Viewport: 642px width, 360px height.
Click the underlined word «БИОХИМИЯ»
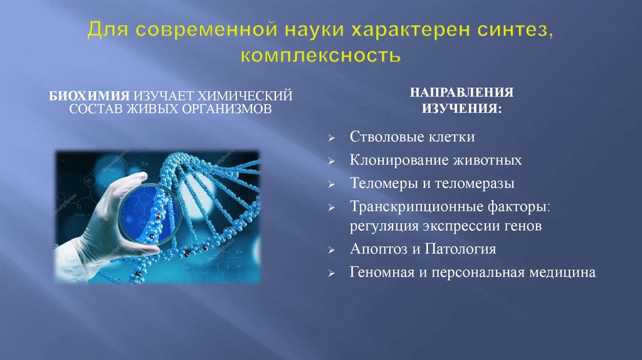pos(90,95)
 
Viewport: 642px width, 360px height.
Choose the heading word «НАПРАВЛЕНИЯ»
pos(461,93)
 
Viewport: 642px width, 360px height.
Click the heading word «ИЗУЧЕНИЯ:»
pos(461,109)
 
